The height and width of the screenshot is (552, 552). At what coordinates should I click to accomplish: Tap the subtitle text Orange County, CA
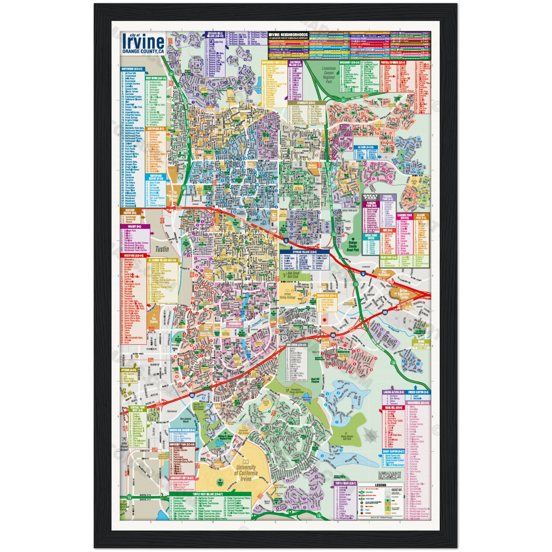143,52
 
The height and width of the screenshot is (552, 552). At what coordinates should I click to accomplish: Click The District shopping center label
153,319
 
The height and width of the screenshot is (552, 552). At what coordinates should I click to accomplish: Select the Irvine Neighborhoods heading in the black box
288,35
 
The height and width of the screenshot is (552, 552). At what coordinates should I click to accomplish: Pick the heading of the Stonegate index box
304,104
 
